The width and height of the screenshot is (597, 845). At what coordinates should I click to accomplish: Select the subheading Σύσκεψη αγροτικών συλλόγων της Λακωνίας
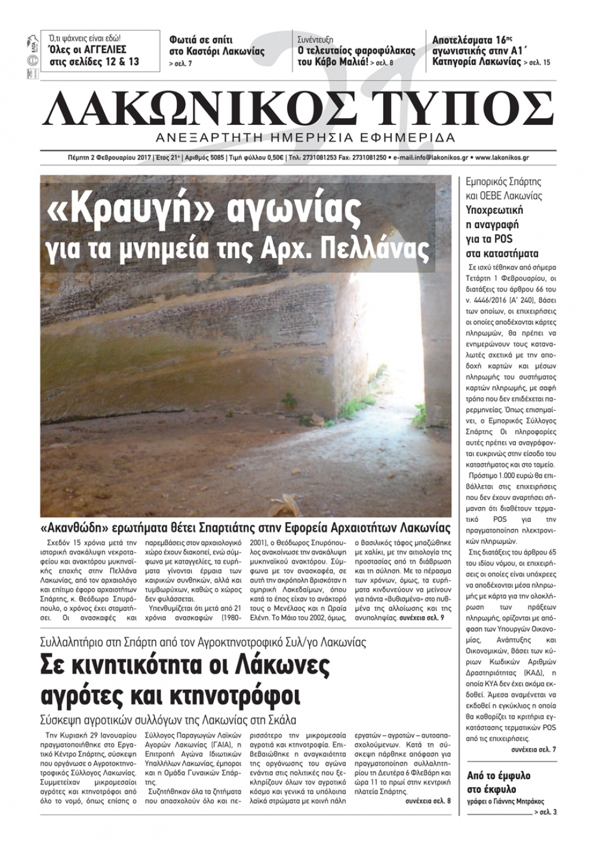168,720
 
